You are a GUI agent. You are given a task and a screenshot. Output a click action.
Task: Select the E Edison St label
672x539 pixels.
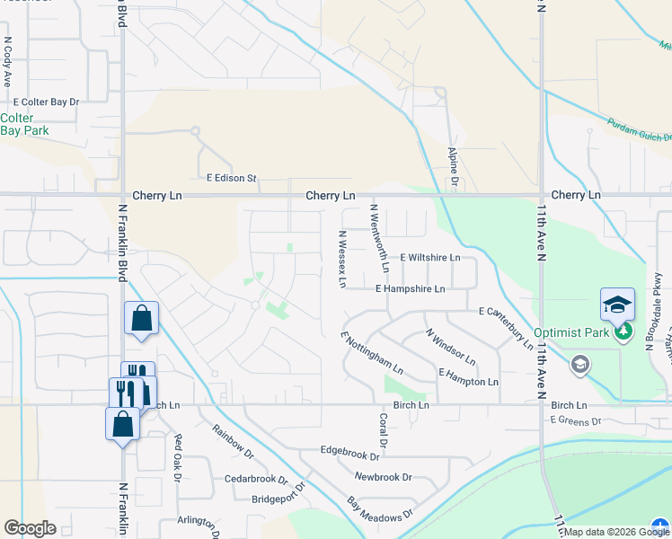(232, 178)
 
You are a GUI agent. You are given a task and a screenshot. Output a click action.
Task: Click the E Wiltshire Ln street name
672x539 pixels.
(430, 257)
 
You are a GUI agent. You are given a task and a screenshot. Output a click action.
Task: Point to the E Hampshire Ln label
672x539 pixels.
(410, 289)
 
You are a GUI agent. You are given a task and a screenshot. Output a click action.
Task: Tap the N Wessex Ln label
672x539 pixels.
(342, 259)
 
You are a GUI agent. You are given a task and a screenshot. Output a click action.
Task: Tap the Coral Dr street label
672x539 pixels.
(383, 430)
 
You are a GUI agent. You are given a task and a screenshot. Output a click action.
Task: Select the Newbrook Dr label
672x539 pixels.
(383, 477)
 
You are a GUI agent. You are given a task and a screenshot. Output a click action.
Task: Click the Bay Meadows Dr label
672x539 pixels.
(379, 513)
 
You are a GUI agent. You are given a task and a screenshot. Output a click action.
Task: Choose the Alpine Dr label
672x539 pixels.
(454, 168)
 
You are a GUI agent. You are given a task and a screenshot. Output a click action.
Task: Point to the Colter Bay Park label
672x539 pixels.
(24, 124)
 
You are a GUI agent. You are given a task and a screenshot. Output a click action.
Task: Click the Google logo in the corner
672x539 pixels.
(31, 527)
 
